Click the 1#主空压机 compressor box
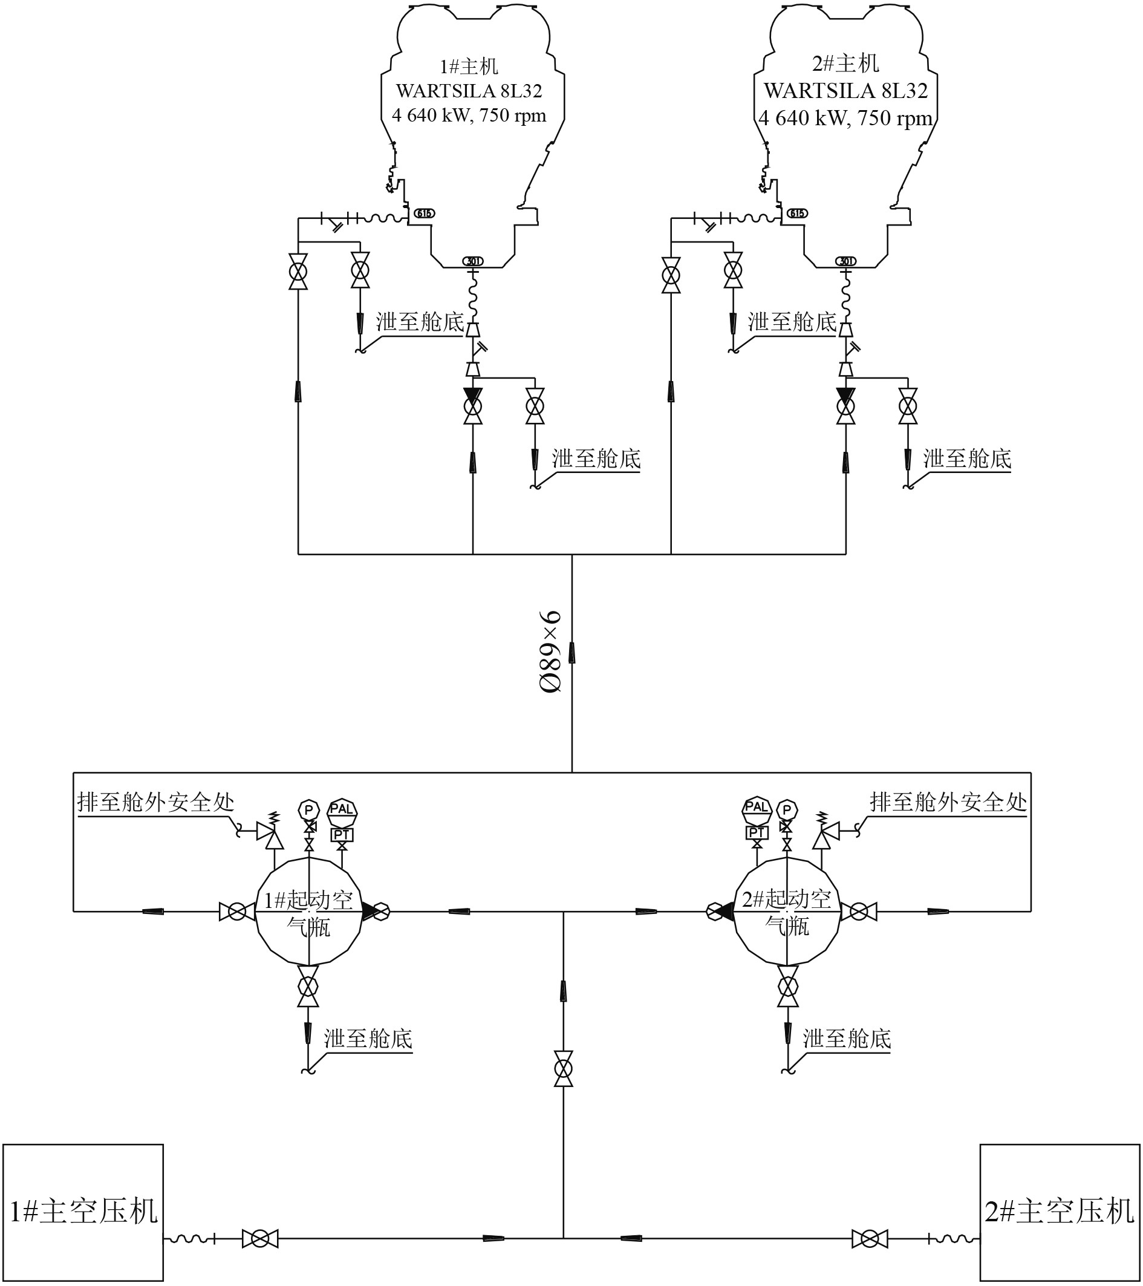point(83,1212)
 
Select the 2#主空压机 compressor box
point(1061,1212)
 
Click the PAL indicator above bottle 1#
point(342,809)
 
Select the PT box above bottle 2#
point(757,833)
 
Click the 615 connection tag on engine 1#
point(424,214)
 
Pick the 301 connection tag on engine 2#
point(845,261)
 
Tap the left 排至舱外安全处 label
point(155,803)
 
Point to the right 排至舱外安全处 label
point(948,803)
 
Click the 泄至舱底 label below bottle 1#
point(368,1039)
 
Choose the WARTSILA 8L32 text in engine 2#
point(845,91)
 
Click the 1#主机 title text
point(469,66)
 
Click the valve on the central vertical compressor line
point(563,1068)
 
